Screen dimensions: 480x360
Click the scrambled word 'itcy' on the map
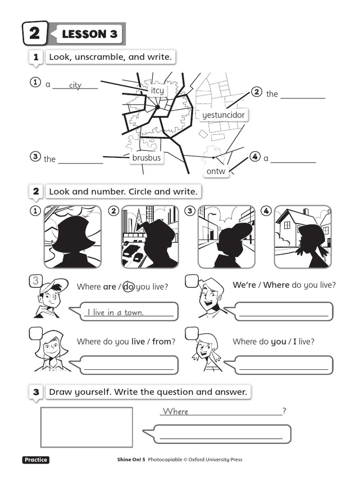coord(157,90)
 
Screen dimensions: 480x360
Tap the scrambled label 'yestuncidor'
coord(223,115)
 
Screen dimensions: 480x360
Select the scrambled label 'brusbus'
coord(146,158)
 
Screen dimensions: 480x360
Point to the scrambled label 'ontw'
coord(216,171)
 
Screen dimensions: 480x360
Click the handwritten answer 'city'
coord(75,85)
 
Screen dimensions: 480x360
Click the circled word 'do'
coord(128,286)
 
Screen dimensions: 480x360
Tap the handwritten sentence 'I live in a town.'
coord(115,313)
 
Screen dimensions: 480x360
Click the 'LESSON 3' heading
coord(90,34)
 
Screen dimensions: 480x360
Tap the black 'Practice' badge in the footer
coord(36,460)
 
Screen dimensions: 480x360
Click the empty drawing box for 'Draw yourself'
coord(87,427)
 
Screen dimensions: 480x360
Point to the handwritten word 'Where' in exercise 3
coord(175,411)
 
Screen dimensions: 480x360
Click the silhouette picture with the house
coord(302,237)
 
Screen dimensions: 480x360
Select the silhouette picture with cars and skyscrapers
coord(150,237)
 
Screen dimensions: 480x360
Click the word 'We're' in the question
coord(244,285)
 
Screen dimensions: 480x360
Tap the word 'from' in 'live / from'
coord(162,342)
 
